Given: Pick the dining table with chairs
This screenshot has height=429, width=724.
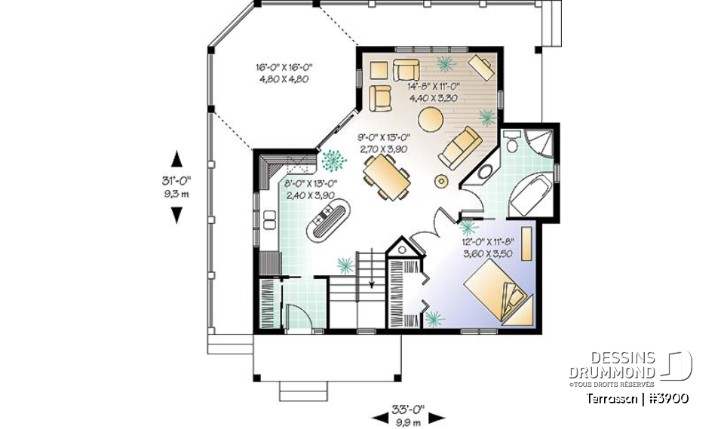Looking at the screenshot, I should coord(387,178).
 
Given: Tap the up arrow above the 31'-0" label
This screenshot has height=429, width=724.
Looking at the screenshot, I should coord(176,159).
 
